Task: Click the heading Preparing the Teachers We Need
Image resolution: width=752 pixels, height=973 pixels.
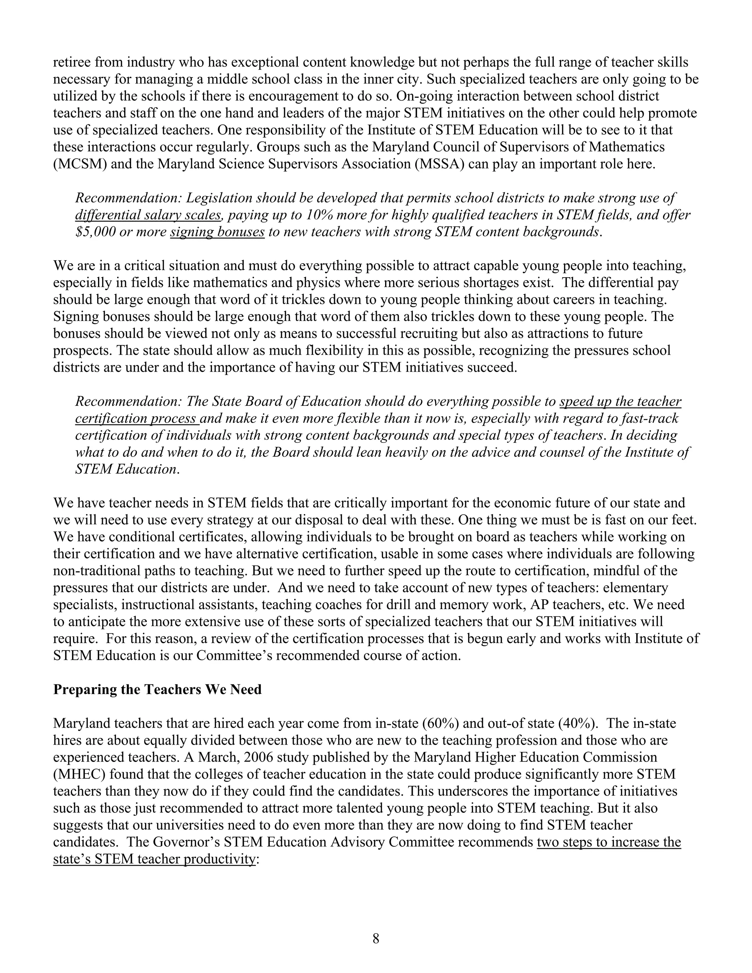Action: click(157, 689)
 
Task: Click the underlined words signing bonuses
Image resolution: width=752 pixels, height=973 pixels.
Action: click(217, 232)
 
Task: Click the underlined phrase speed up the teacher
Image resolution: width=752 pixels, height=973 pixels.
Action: click(620, 401)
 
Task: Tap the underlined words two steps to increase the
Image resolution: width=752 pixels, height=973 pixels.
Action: click(608, 842)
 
